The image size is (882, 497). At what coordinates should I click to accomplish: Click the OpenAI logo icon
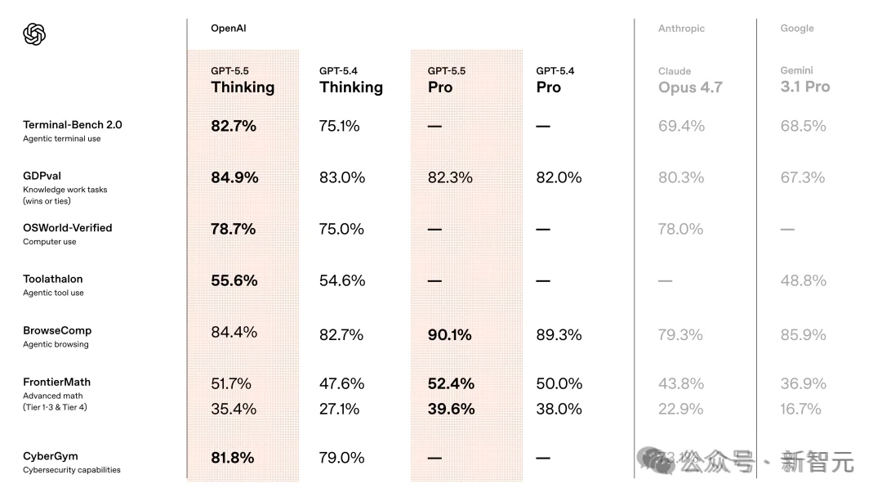[x=34, y=34]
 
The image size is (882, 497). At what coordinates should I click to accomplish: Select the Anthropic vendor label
[x=681, y=29]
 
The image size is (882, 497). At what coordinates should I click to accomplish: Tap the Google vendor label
[x=796, y=29]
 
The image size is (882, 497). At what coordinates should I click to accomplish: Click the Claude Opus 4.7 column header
[x=690, y=80]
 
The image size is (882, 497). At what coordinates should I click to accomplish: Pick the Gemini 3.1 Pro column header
[x=804, y=79]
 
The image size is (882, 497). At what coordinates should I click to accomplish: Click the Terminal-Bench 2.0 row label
[x=73, y=125]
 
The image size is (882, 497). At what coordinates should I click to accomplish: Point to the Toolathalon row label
[x=53, y=280]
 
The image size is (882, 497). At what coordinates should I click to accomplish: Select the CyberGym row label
[x=51, y=456]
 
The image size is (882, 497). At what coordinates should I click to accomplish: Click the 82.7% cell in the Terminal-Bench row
[x=234, y=126]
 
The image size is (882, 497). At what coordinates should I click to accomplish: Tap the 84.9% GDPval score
[x=234, y=177]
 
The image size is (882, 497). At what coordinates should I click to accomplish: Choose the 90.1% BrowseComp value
[x=449, y=334]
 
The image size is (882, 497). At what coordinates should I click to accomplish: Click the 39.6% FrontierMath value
[x=451, y=409]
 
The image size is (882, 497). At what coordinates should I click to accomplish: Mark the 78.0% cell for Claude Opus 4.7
[x=680, y=229]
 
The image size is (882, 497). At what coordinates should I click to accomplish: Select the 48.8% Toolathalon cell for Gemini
[x=803, y=280]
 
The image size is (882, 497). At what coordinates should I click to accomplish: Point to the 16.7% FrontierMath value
[x=800, y=409]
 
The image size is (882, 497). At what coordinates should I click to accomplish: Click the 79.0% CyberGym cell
[x=341, y=458]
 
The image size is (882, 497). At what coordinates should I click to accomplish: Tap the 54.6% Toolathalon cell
[x=341, y=280]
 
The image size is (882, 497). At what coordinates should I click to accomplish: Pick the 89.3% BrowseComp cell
[x=559, y=334]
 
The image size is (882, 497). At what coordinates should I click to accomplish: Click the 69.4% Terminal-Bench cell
[x=681, y=126]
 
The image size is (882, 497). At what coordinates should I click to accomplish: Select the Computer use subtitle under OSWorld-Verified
[x=50, y=242]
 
